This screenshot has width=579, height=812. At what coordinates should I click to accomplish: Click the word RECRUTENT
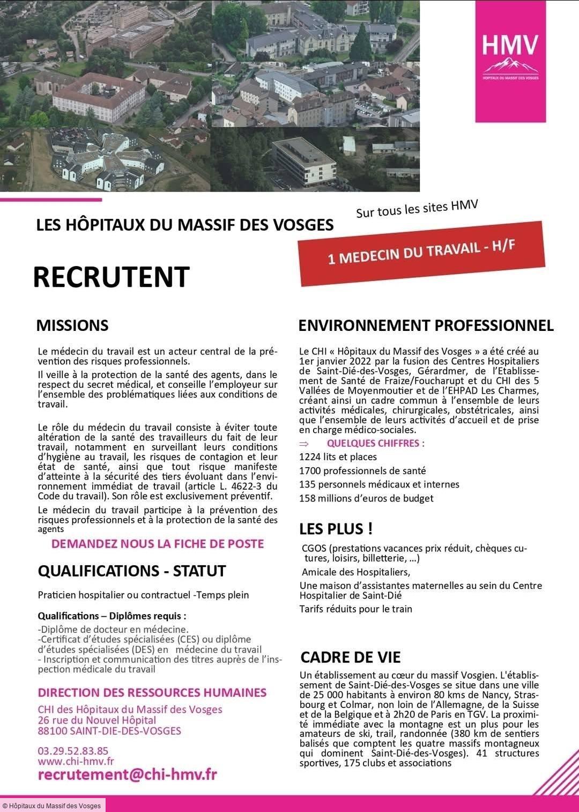111,277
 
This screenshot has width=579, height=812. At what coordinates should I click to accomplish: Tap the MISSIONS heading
72,326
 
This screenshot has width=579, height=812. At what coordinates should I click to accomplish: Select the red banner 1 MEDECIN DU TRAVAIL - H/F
422,253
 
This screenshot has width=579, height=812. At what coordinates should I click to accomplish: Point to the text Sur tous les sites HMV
417,209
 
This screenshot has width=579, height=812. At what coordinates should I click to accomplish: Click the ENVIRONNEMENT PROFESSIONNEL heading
426,325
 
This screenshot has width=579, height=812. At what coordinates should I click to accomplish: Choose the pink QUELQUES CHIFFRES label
375,444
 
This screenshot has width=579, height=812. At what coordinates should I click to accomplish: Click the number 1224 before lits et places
309,457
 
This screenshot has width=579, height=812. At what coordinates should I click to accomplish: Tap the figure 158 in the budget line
307,498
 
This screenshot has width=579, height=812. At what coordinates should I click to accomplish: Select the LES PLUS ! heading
336,529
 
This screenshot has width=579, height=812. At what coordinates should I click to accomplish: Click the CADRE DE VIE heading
351,657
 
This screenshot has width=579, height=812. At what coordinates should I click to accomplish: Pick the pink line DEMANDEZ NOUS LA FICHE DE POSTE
158,544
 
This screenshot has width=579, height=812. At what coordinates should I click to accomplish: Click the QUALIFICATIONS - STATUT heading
132,571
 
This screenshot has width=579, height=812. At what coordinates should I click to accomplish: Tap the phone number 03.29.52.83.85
73,751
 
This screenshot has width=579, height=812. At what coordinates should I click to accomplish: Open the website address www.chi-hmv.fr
76,761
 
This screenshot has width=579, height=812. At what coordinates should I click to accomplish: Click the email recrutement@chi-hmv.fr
127,775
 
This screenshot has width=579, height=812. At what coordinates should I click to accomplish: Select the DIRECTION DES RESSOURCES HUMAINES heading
152,692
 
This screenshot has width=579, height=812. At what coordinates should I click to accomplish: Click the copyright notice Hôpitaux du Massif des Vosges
52,806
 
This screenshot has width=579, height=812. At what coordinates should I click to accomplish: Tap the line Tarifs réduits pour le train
355,609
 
